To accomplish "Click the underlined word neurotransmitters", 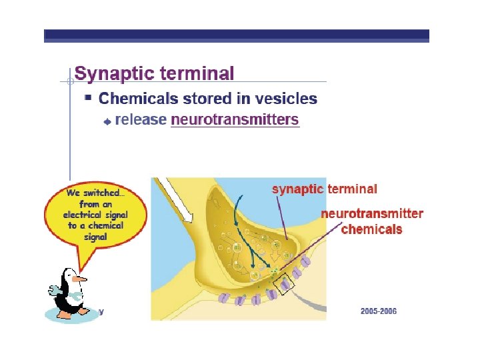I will (235, 120).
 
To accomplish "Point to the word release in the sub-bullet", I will (141, 120).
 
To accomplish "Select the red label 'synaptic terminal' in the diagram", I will (324, 189).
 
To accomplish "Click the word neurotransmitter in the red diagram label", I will (371, 214).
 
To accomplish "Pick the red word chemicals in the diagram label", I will (371, 229).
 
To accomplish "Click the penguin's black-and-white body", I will (69, 297).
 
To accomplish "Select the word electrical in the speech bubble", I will (82, 215).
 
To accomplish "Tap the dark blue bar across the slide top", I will (237, 35).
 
